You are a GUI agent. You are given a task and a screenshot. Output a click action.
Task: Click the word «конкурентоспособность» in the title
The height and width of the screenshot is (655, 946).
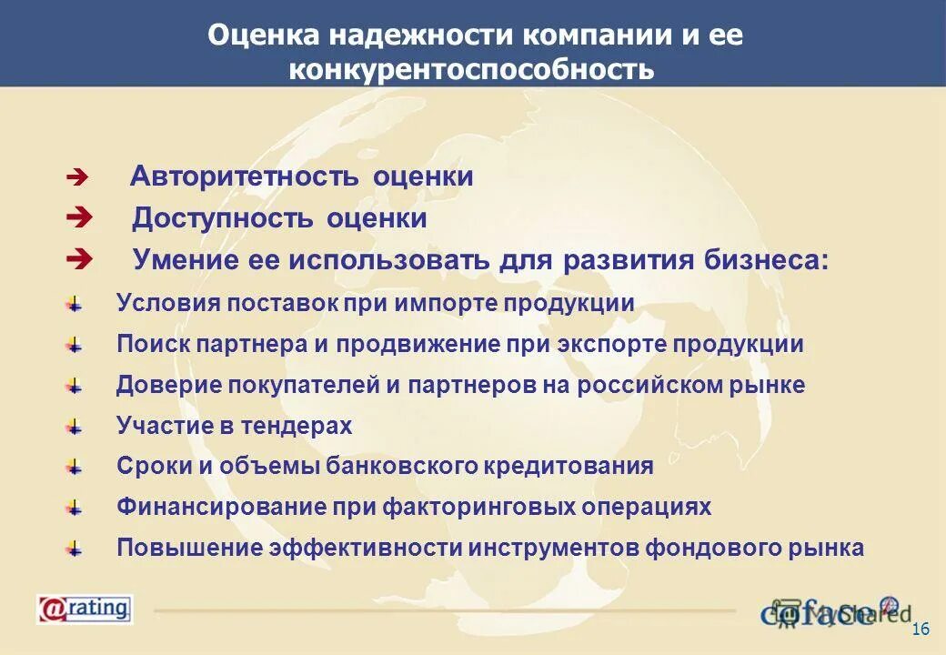point(472,69)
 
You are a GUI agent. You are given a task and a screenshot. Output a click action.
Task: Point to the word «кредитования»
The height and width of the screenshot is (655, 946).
point(574,466)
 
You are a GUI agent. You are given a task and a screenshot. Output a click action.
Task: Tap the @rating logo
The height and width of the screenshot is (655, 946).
point(85,609)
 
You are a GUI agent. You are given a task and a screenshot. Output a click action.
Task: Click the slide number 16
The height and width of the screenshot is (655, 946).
point(920,631)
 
